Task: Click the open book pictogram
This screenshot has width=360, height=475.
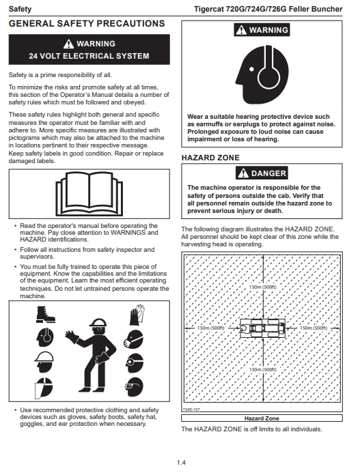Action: [x=89, y=194]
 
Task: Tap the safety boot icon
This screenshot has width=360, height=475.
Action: [x=45, y=315]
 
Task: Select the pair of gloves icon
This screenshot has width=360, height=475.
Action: [x=137, y=315]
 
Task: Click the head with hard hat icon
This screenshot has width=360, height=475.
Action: [x=44, y=362]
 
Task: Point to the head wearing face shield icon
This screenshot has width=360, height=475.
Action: [x=44, y=388]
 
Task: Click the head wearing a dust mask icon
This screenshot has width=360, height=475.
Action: [x=133, y=339]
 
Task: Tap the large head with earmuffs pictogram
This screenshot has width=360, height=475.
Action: [x=262, y=74]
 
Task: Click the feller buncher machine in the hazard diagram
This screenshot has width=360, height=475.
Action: [x=262, y=328]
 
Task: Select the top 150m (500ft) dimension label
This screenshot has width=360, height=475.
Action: [x=262, y=287]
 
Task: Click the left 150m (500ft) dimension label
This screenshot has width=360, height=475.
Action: [x=211, y=328]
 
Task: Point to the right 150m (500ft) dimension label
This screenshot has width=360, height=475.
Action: [x=314, y=328]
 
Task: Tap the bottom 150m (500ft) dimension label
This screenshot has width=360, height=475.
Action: [x=262, y=370]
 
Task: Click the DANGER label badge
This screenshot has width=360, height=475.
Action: [x=262, y=173]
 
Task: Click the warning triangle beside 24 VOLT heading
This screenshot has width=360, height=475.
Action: [x=68, y=44]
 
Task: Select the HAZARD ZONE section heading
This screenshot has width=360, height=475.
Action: [x=210, y=158]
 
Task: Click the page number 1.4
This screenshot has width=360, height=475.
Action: [x=181, y=463]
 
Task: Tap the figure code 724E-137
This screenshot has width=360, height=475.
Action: [x=191, y=409]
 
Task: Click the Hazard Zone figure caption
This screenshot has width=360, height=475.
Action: [x=262, y=418]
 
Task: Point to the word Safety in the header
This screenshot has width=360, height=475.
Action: [x=20, y=9]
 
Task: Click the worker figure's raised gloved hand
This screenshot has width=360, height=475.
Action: [x=72, y=336]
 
